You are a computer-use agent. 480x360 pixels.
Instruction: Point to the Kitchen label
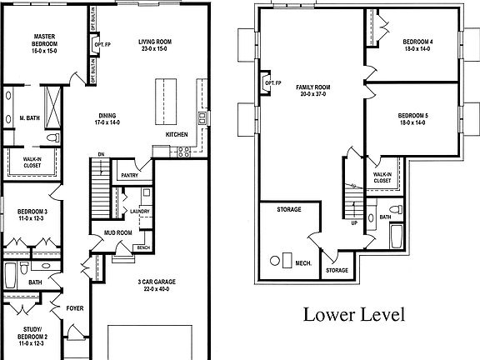coord(177,135)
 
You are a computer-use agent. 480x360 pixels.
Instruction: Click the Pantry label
coord(128,175)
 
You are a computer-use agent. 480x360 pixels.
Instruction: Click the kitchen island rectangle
coord(162,99)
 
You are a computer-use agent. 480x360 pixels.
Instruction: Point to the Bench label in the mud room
coord(142,247)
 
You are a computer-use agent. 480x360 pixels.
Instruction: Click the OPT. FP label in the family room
coord(271,83)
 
